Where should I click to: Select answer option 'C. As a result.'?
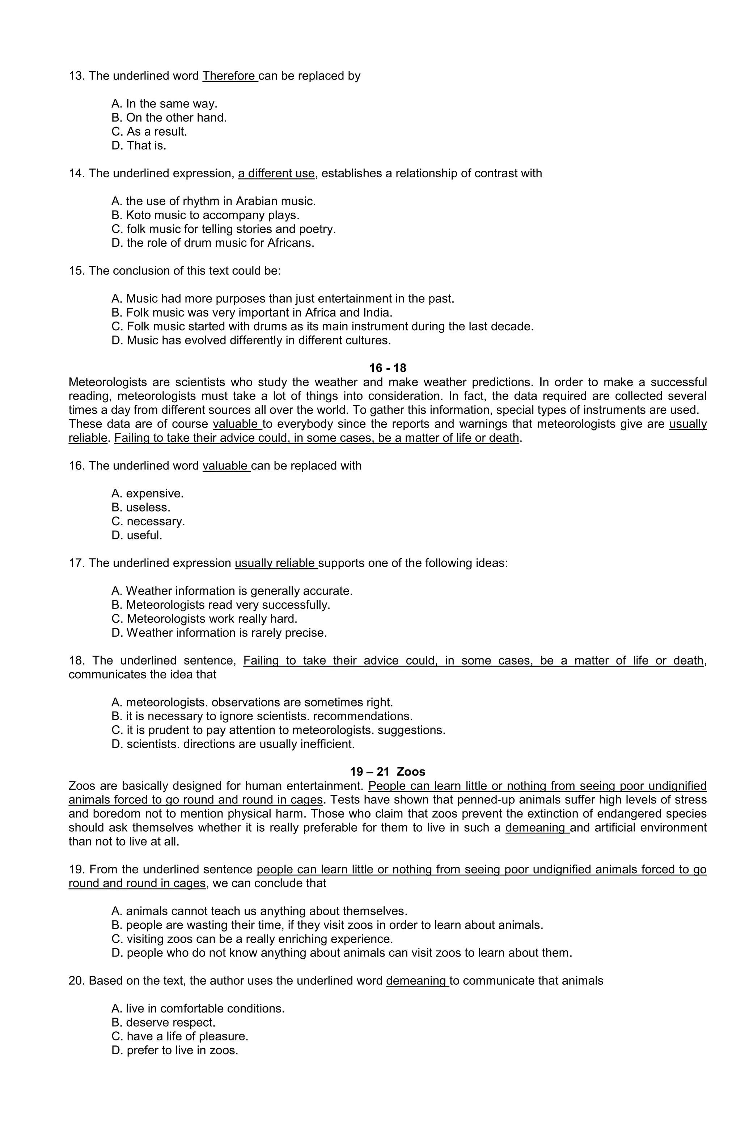point(149,131)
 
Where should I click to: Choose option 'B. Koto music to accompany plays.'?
point(205,215)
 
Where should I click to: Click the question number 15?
point(76,271)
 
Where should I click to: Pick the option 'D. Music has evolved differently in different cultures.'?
point(251,340)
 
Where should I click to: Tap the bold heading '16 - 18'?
point(387,368)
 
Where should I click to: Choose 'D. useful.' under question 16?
point(137,535)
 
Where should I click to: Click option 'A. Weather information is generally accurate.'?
point(232,591)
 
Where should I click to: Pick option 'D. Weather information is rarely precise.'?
point(219,633)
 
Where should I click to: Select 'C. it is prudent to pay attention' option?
point(278,730)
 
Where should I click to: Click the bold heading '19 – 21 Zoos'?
point(387,772)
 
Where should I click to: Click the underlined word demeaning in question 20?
point(417,981)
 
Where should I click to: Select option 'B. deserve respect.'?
point(163,1023)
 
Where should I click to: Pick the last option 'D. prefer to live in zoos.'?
point(174,1051)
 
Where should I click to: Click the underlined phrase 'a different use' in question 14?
point(276,174)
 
